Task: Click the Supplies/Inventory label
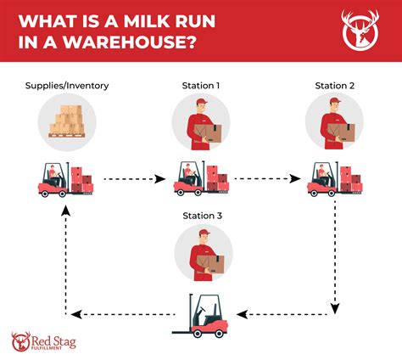(x=68, y=86)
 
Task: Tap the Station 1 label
(x=200, y=86)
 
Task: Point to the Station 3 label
(x=201, y=217)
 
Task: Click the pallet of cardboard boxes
(x=68, y=119)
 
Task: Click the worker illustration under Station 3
(x=201, y=253)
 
